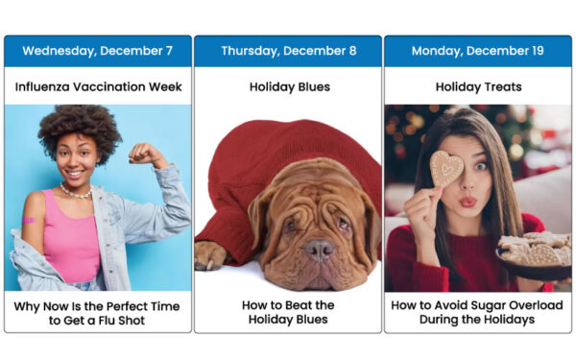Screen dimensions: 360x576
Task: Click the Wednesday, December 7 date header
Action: (97, 51)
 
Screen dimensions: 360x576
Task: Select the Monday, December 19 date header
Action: (478, 51)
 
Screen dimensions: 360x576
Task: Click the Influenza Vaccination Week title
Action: (97, 86)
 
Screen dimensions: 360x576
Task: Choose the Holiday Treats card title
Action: (478, 86)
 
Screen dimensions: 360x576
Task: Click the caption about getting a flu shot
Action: (97, 312)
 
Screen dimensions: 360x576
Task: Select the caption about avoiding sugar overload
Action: (478, 312)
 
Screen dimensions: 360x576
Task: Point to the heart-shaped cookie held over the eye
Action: (445, 169)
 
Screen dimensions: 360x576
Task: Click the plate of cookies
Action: (533, 252)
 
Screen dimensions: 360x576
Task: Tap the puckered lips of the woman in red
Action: (468, 203)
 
